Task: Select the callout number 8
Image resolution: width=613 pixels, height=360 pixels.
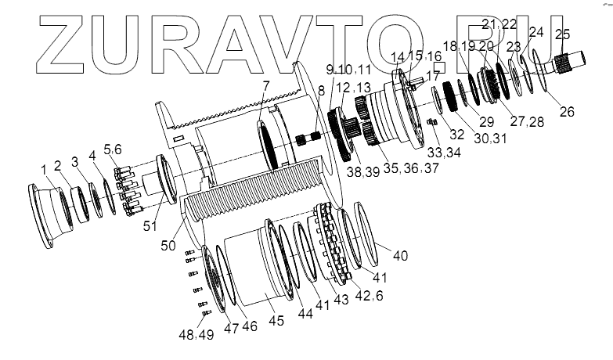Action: [320, 92]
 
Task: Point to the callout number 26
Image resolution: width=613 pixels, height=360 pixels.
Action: [566, 112]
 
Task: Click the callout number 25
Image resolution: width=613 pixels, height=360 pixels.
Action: [562, 34]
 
